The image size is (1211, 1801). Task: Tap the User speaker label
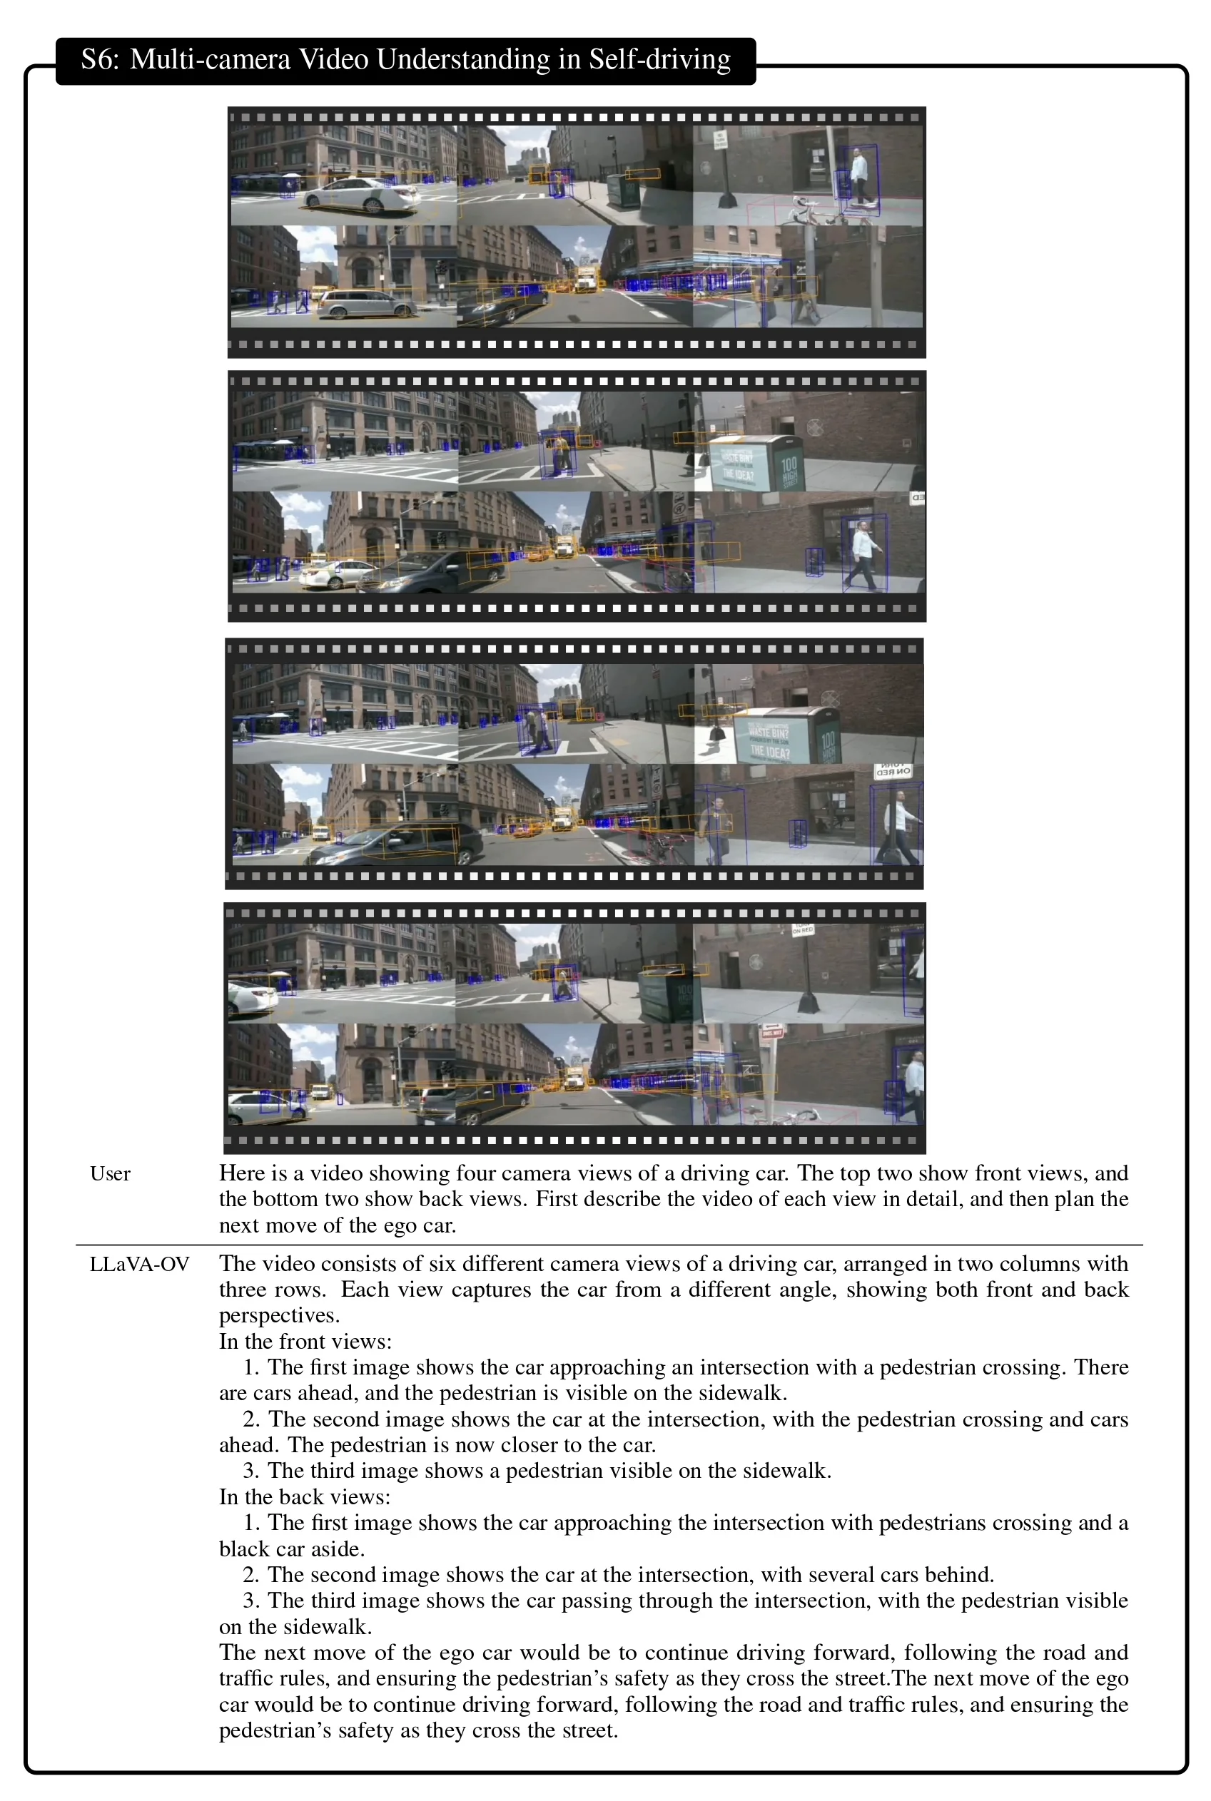(110, 1174)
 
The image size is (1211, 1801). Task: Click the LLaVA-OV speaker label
(139, 1265)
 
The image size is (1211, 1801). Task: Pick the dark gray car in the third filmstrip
(395, 843)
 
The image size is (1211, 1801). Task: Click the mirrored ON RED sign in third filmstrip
(893, 770)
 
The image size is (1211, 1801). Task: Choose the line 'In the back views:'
(305, 1497)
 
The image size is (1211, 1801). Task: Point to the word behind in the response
(958, 1574)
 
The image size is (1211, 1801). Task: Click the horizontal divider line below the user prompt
(609, 1245)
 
